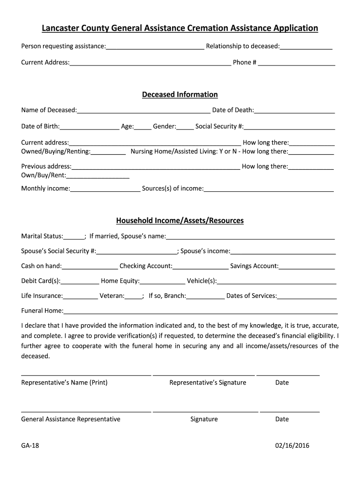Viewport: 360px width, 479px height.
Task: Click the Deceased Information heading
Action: tap(180, 94)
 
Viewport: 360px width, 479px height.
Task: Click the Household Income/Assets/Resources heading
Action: tap(180, 220)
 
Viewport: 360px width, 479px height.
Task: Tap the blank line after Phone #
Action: tap(296, 63)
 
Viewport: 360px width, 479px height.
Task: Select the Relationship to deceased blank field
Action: tap(306, 47)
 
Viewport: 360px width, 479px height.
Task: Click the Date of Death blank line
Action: tap(295, 111)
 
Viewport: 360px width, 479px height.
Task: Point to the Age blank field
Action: tap(143, 127)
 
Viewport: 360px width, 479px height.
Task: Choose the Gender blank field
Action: tap(185, 127)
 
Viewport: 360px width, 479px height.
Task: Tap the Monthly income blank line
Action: tap(105, 189)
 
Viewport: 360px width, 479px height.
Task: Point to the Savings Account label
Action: tap(254, 266)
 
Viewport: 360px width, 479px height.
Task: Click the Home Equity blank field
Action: tap(162, 282)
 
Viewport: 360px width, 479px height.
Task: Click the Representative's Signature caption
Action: tap(208, 383)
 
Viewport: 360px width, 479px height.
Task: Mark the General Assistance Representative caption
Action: tap(71, 419)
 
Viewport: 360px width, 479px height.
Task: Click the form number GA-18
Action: tap(30, 445)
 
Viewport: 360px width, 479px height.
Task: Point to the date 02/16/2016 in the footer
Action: tap(292, 445)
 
